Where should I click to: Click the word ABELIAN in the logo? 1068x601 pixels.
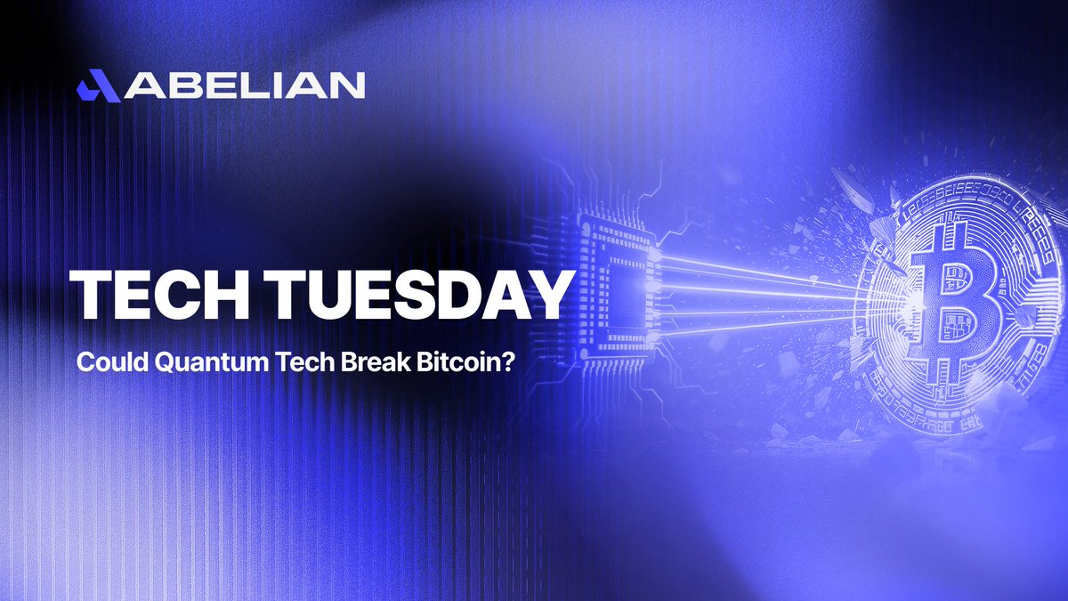243,85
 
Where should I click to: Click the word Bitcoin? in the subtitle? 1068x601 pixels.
403,364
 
